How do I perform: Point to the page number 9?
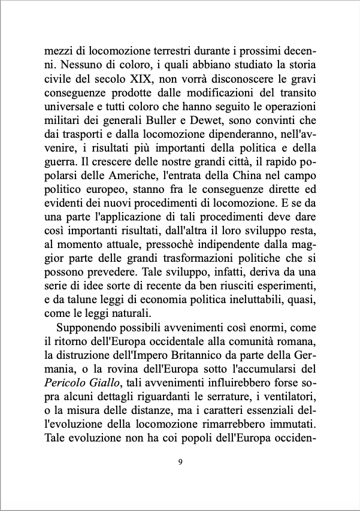point(180,462)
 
